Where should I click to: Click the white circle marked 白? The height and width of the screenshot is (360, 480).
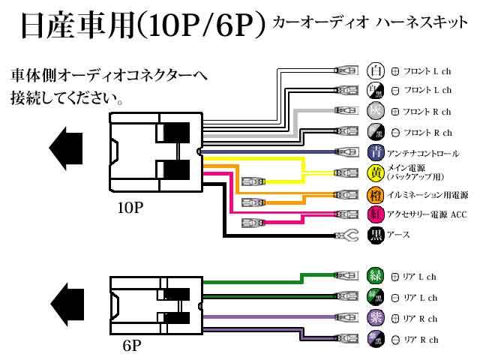coord(376,71)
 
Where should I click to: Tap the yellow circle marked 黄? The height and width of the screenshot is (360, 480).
coord(376,173)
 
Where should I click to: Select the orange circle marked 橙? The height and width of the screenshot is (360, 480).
coord(376,195)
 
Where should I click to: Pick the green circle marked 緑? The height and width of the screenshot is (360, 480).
coord(375,276)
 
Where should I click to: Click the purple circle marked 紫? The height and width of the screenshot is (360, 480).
coord(375,318)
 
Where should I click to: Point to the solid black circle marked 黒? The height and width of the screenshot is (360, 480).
coord(376,235)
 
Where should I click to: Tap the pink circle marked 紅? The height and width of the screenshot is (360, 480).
coord(376,215)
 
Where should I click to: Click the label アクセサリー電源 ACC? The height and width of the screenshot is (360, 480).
coord(427,215)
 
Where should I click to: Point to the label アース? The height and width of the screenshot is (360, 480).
coord(399,235)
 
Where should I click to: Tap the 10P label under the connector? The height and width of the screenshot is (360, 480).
coord(131,207)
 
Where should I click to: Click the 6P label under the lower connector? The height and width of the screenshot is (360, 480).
coord(131,345)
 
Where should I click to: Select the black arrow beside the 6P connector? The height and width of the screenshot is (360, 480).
coord(67,299)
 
